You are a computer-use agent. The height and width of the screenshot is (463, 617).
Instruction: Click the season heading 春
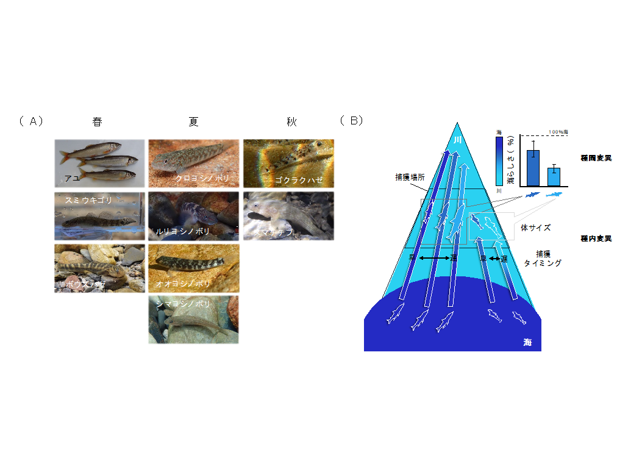[98, 122]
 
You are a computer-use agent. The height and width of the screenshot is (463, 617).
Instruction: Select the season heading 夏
[194, 122]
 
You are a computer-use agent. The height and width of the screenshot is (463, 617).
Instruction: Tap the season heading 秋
[291, 122]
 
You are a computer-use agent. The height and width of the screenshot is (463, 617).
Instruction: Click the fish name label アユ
[72, 179]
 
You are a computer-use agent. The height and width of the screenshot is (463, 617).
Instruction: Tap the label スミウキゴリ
[89, 200]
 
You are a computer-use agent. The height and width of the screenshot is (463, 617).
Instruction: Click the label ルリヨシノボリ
[183, 232]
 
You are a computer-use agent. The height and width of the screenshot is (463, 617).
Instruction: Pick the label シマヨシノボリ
[182, 304]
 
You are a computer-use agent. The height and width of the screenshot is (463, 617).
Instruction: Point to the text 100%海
[558, 132]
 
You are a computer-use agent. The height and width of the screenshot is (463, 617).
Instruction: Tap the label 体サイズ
[536, 228]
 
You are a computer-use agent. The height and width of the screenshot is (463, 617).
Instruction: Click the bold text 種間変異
[596, 158]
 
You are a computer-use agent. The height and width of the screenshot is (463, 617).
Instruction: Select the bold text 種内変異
[596, 239]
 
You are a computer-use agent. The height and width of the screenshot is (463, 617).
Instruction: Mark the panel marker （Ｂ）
[352, 120]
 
